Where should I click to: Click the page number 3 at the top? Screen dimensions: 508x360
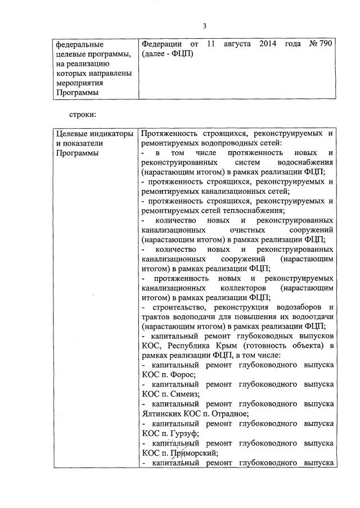coord(205,25)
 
